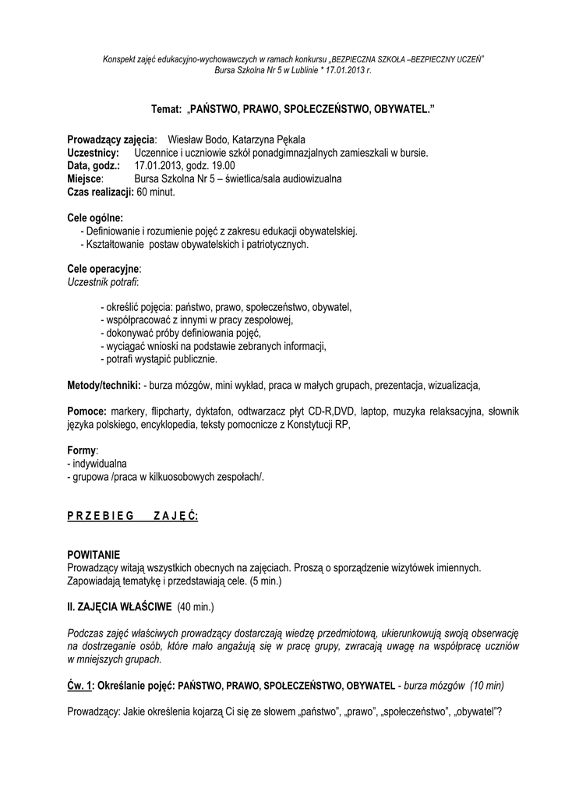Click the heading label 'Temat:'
tap(165, 111)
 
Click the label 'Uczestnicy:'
tap(93, 153)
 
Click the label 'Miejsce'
tap(84, 178)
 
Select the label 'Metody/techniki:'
tap(104, 385)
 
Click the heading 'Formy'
tap(82, 450)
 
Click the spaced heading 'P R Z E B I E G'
tap(101, 515)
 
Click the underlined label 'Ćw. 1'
tap(79, 685)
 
